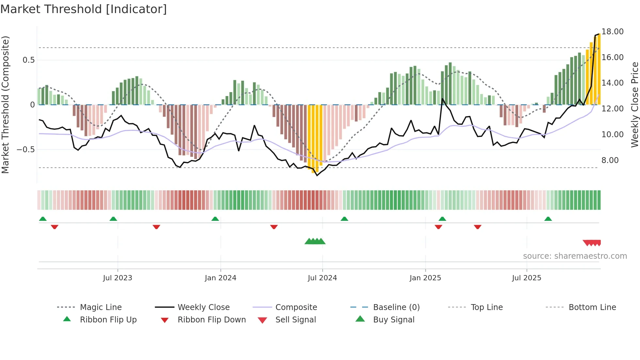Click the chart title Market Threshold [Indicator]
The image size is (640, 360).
[84, 9]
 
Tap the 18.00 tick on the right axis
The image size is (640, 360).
[612, 32]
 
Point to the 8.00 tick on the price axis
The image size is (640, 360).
[610, 160]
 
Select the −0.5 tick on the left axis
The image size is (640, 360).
[26, 150]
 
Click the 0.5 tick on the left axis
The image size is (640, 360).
[28, 60]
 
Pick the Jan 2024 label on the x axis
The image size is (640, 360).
[220, 278]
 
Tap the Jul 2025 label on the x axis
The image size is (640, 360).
[526, 278]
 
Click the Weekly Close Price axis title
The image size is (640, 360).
[634, 105]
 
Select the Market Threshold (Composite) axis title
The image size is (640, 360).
[5, 105]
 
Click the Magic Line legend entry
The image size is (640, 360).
[101, 307]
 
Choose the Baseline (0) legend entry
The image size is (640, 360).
[396, 307]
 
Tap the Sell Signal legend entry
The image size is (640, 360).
[295, 320]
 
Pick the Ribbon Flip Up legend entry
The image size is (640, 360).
[108, 320]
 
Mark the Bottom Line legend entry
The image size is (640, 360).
[592, 307]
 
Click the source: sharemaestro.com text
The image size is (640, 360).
[575, 256]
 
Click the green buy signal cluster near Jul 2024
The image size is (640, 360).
[315, 241]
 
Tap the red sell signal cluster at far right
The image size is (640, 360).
[592, 243]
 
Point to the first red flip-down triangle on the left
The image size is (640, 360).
[55, 227]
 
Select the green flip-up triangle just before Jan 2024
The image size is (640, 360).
[215, 219]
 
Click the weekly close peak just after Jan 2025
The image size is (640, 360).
[443, 99]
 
